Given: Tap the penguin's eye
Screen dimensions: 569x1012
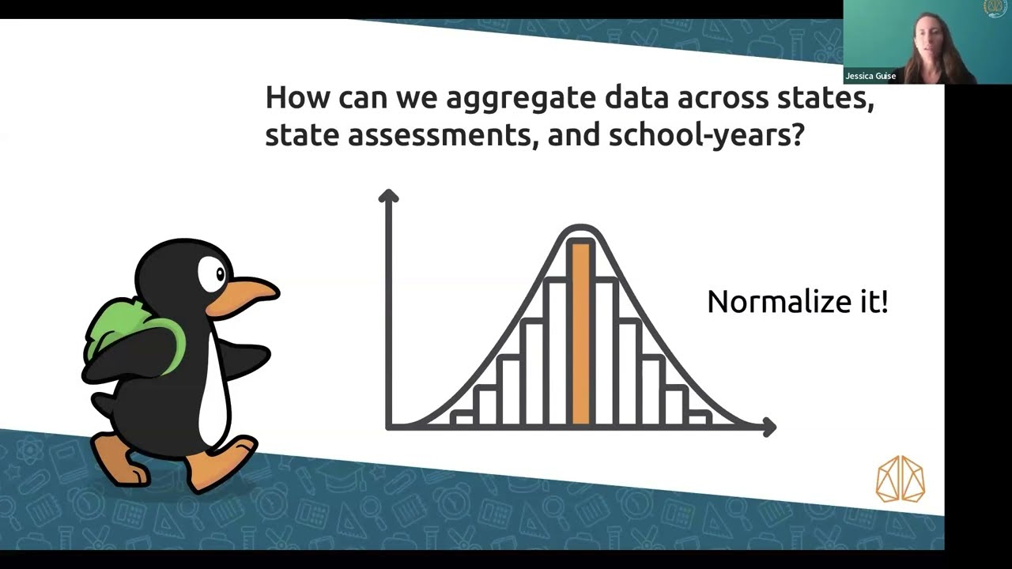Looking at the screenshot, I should pos(213,274).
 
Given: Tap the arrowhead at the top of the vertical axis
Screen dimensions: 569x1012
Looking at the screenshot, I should pos(387,195).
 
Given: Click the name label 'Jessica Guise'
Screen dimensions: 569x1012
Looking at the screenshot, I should pos(870,77).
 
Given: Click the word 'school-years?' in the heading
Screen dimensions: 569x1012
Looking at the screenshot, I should pos(706,136).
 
